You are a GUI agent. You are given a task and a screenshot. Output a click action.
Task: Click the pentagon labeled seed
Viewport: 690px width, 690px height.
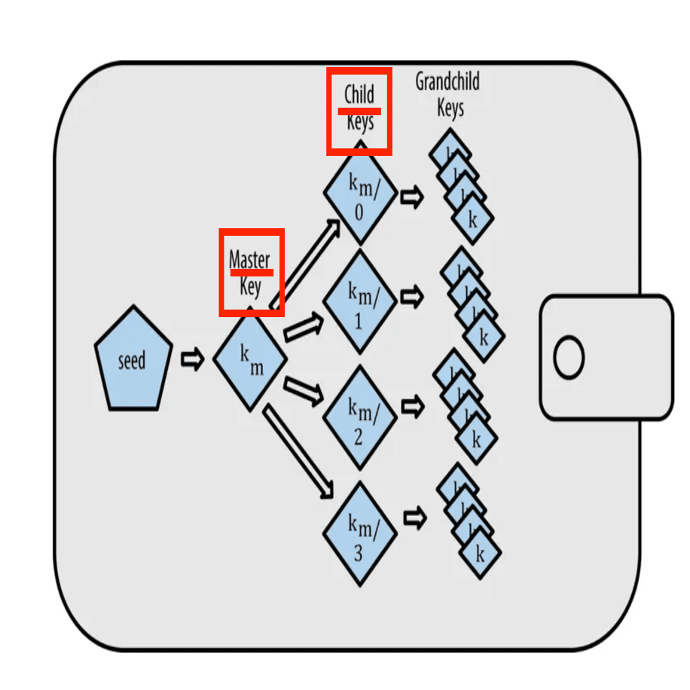(x=133, y=360)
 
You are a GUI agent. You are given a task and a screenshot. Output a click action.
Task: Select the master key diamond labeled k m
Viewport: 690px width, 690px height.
(x=250, y=360)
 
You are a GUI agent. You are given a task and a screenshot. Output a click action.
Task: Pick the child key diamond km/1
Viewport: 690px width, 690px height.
(x=359, y=301)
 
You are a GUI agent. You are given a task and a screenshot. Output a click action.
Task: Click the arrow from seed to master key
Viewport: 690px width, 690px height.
(x=193, y=360)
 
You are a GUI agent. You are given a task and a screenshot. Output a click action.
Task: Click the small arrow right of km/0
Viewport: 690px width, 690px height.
(x=411, y=197)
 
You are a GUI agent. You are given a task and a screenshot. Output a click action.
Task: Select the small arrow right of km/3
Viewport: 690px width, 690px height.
(x=414, y=517)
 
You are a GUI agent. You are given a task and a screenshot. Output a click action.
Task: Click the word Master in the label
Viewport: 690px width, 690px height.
(x=249, y=260)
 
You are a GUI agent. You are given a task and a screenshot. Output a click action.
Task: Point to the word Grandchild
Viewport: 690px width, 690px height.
(x=447, y=81)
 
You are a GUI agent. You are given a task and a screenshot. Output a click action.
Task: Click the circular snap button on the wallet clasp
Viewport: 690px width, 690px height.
(x=569, y=357)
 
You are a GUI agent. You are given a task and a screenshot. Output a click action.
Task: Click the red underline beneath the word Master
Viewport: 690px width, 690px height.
(x=251, y=272)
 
